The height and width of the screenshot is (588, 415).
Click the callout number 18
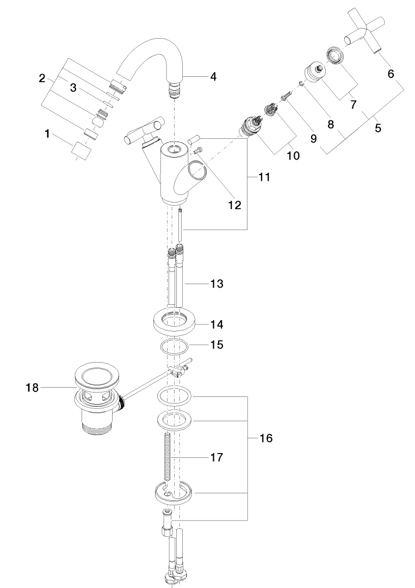(x=32, y=388)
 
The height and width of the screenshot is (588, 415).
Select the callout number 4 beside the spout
(x=213, y=77)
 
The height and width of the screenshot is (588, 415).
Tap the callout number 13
(x=216, y=284)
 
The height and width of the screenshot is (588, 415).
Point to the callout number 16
(x=266, y=438)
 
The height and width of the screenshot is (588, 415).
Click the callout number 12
(x=235, y=205)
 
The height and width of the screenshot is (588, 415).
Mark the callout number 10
(x=294, y=155)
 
